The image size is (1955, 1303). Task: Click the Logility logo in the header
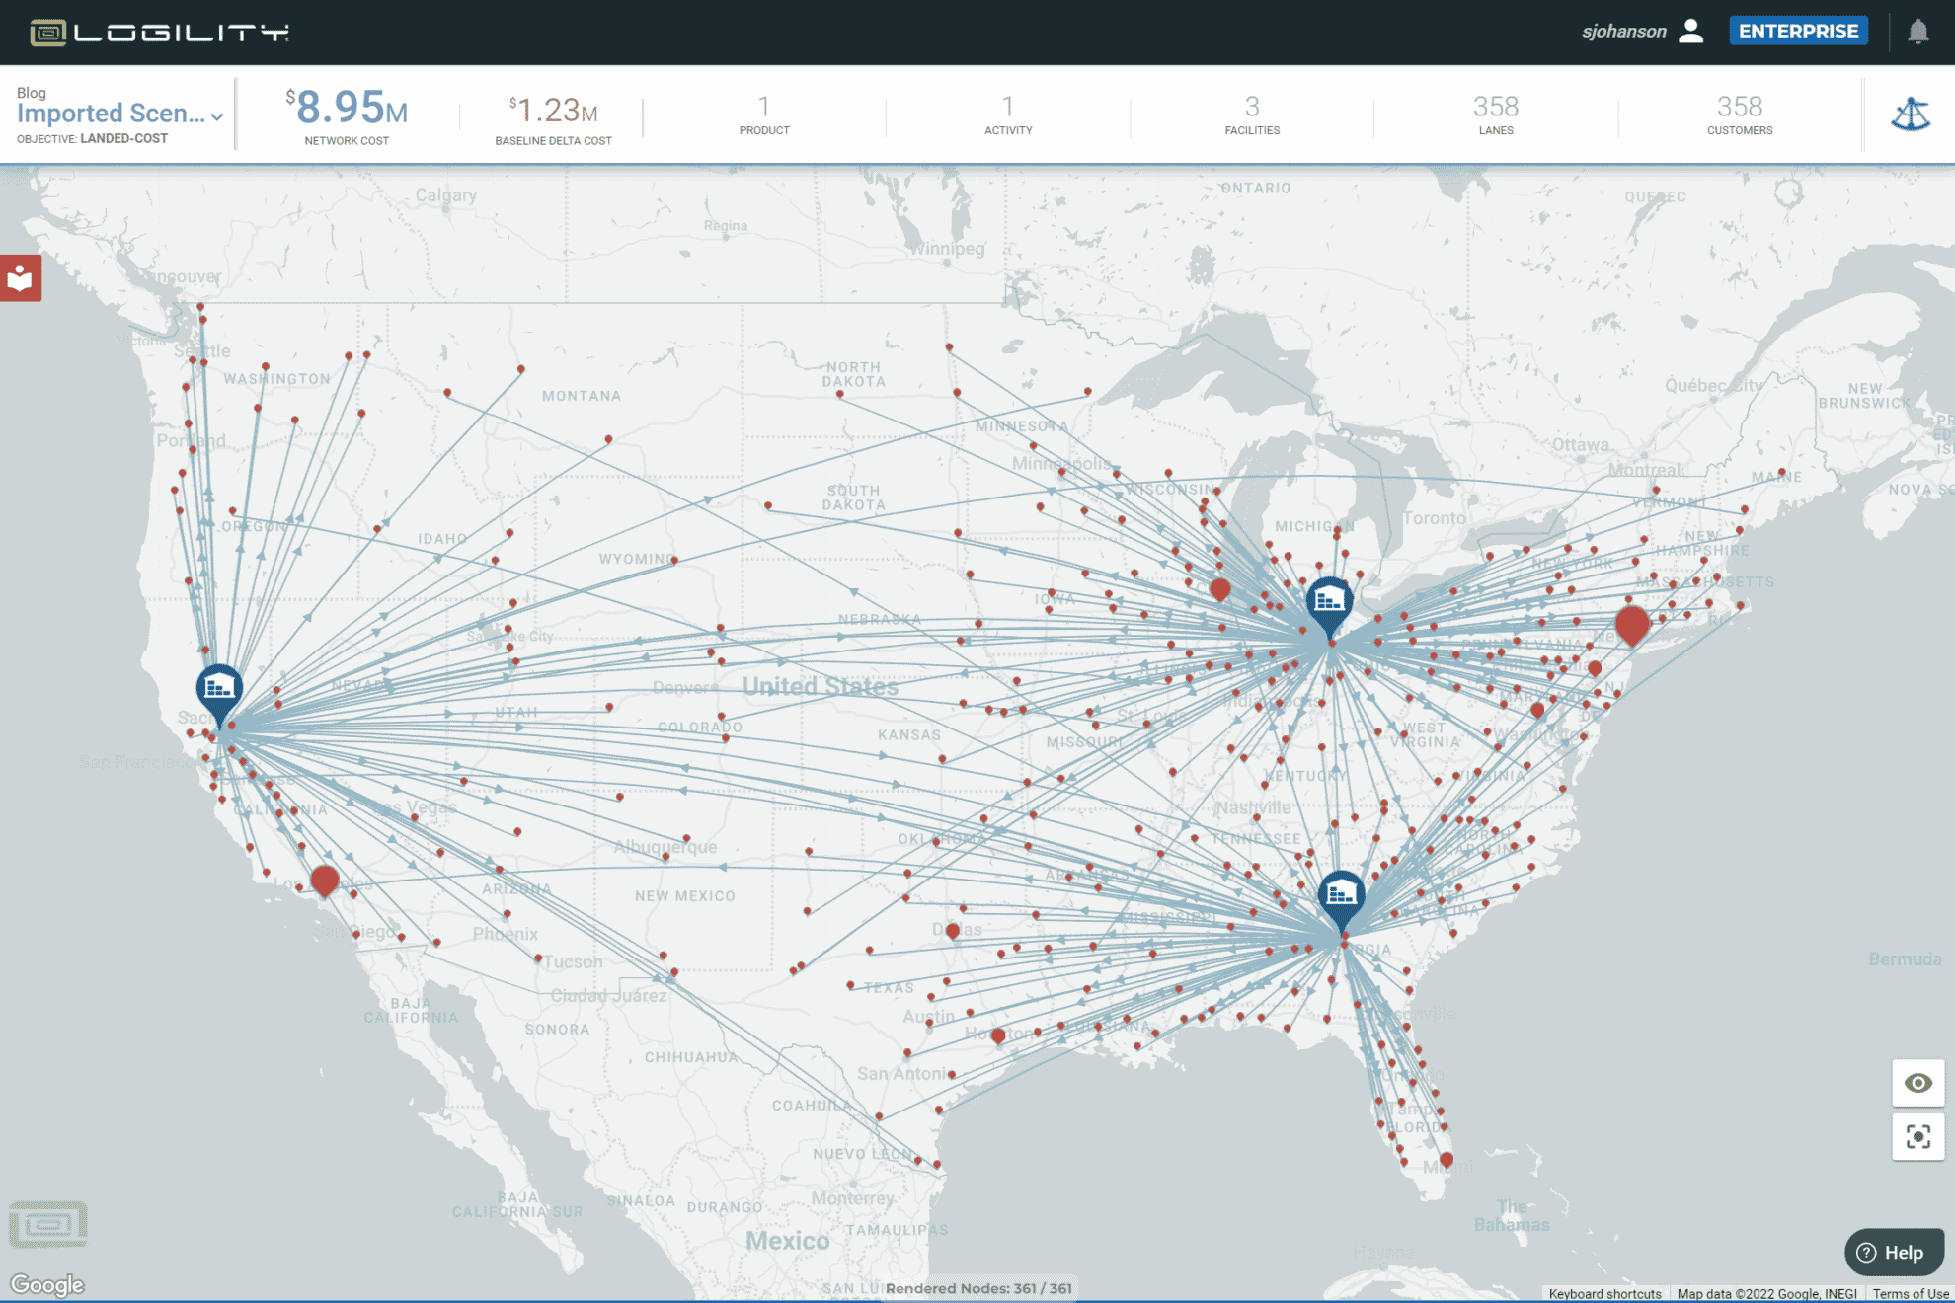(158, 33)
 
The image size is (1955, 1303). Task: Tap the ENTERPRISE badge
(1798, 31)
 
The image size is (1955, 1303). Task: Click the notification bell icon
(1917, 32)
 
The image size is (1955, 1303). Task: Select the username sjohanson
(1623, 32)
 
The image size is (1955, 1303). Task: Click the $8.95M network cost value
(347, 108)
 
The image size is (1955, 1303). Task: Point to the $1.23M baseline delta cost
(553, 110)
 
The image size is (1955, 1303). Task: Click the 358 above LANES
(1495, 107)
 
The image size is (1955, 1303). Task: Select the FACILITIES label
(1251, 130)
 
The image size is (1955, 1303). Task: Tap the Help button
(1893, 1252)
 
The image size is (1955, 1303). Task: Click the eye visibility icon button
(1917, 1083)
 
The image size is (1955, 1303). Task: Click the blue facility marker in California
(219, 687)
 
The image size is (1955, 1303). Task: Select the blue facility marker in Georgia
(1341, 895)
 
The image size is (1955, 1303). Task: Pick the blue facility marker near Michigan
(1329, 600)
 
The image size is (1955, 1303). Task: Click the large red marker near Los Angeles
(324, 879)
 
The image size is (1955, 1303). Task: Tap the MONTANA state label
(581, 396)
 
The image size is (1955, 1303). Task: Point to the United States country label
(820, 686)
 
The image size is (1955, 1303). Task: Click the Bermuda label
(1904, 958)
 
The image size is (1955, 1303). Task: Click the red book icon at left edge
(20, 278)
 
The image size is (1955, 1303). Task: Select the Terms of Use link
(1910, 1293)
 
